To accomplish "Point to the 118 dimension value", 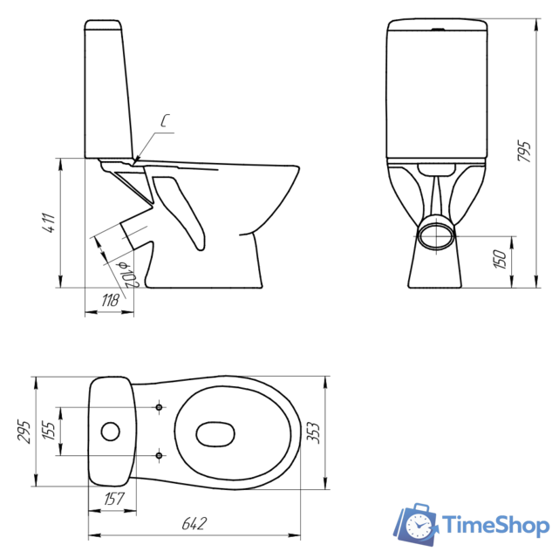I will [x=111, y=301].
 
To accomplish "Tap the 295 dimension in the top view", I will [x=24, y=431].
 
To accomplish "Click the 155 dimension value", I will [x=50, y=431].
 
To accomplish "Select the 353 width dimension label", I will [x=336, y=431].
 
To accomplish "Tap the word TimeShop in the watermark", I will [x=494, y=525].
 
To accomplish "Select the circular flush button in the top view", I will [x=111, y=431].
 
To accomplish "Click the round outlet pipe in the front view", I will [x=436, y=235].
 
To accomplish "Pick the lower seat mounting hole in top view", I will [x=159, y=454].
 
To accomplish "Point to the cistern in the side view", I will [x=110, y=87].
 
